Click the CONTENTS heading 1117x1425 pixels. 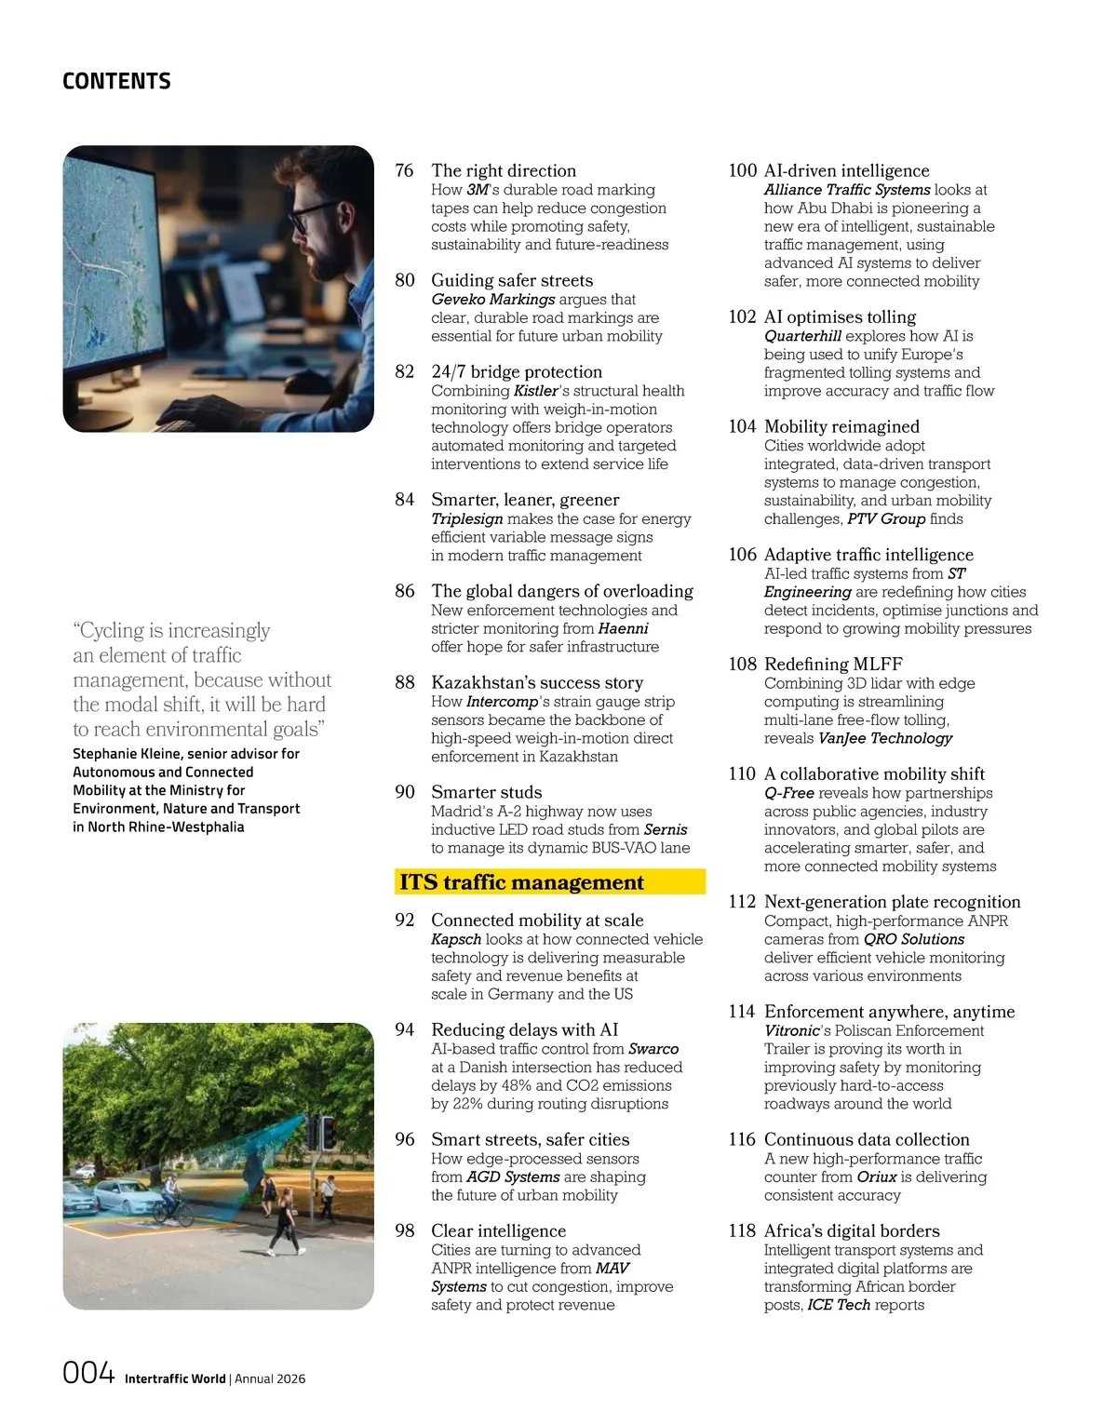click(116, 81)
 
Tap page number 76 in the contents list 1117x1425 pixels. click(404, 170)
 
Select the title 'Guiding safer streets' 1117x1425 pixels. click(511, 280)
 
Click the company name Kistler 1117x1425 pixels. click(536, 391)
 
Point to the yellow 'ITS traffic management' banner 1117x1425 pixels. click(549, 881)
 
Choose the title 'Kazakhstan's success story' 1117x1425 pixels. click(536, 682)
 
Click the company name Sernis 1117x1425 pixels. click(666, 829)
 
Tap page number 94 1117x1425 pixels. click(404, 1029)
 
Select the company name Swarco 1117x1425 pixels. click(653, 1049)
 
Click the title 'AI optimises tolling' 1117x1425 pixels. click(840, 316)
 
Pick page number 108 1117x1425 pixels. click(742, 664)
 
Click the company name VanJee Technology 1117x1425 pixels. click(885, 738)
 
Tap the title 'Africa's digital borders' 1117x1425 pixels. click(852, 1230)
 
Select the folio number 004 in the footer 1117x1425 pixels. click(88, 1373)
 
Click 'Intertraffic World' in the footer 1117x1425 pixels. click(175, 1378)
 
